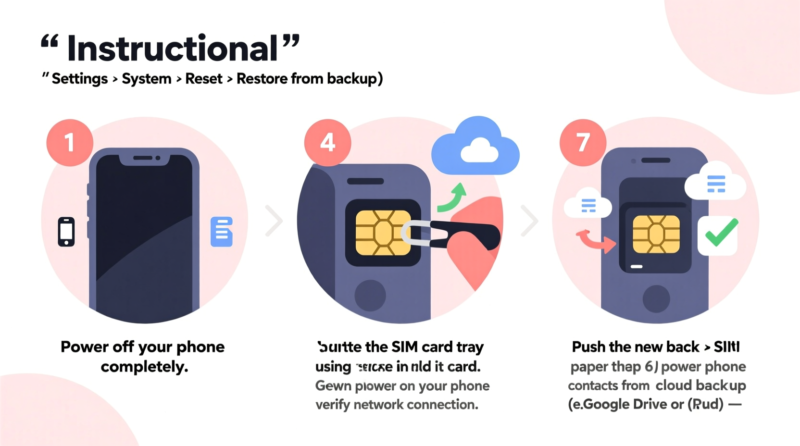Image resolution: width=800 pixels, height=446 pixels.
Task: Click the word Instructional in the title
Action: (172, 49)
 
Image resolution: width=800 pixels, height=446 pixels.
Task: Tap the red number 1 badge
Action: (70, 143)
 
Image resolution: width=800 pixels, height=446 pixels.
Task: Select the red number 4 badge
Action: (327, 143)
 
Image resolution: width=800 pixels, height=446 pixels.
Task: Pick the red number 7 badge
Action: (583, 143)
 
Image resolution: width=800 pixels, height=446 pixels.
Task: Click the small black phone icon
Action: (66, 232)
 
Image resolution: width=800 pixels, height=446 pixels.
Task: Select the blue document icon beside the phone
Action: (222, 232)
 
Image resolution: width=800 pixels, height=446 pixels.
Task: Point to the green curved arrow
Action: (453, 198)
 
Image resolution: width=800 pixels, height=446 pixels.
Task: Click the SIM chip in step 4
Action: (383, 233)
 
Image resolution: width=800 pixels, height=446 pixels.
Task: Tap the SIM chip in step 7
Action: (656, 235)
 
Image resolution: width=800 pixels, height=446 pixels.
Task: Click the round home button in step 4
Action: (370, 295)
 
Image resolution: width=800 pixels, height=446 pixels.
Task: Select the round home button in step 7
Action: (656, 298)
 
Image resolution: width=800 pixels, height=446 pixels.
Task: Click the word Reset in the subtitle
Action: (204, 79)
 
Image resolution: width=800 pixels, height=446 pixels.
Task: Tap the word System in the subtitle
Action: (147, 79)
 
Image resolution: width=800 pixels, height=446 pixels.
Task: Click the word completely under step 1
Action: (144, 367)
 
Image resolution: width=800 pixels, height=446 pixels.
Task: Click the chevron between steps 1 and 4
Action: (274, 221)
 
